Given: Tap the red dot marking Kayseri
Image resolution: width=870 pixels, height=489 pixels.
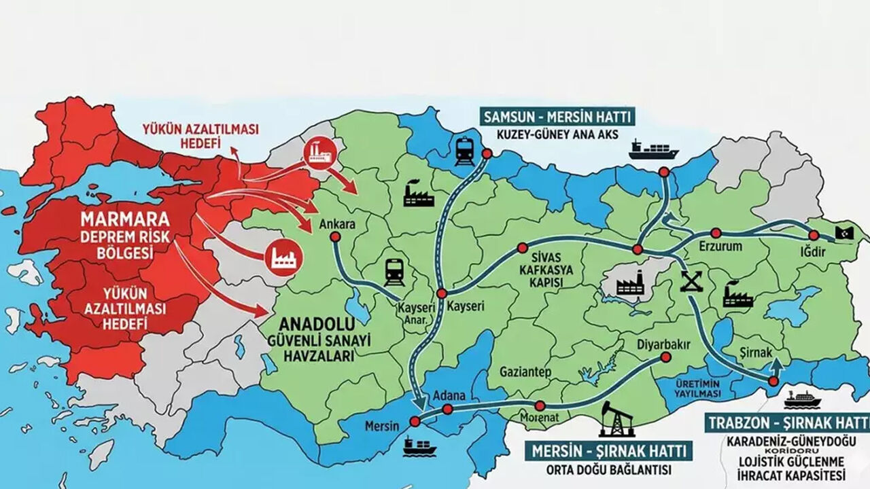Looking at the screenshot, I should pos(442,293).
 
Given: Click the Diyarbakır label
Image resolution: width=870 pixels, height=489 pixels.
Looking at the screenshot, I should pos(663,344).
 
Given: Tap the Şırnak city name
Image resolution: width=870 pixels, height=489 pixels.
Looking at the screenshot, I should pos(756,353).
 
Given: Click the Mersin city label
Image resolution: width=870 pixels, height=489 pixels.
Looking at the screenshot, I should pos(381,429).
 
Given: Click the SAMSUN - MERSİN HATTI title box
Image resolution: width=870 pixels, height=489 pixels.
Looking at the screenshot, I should pos(557,116).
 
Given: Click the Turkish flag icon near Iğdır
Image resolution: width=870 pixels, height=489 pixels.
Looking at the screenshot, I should pos(846,232).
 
